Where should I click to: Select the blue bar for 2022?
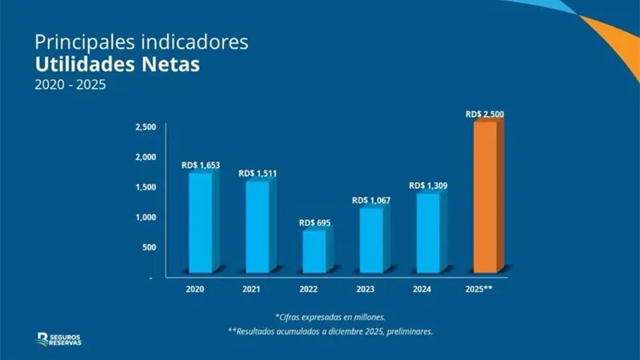[313, 250]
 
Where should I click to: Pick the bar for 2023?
[371, 239]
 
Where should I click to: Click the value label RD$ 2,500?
[484, 114]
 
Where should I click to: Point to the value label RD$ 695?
[315, 222]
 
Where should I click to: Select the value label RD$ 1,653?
[201, 165]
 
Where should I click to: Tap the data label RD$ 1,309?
[428, 186]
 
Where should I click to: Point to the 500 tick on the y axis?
[149, 247]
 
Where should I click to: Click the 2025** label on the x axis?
[478, 287]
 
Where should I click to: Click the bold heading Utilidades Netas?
[117, 63]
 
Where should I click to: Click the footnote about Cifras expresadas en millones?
[330, 316]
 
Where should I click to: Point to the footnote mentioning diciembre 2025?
[330, 330]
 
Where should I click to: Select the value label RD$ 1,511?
[258, 174]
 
